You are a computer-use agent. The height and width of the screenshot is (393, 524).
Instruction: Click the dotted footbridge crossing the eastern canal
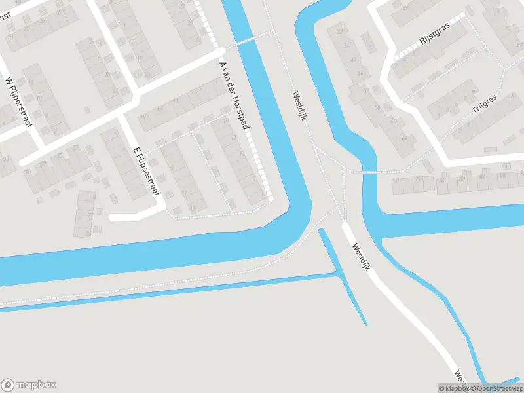371,172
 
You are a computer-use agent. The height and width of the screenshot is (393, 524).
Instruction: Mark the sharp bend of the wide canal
294,217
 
